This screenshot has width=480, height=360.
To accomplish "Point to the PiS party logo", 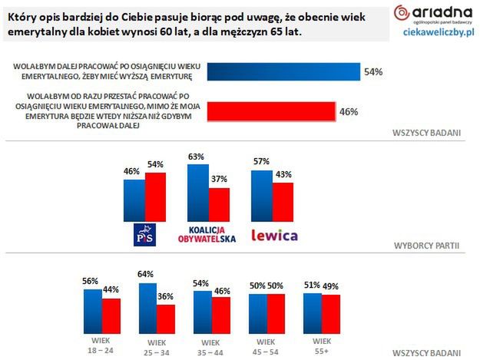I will [144, 235].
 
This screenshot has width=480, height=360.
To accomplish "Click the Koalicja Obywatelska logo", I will [208, 233].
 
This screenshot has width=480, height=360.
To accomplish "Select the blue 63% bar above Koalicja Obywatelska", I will [198, 191].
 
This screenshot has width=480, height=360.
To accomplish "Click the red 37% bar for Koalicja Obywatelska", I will [219, 203].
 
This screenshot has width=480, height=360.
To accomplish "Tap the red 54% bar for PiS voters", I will [155, 197].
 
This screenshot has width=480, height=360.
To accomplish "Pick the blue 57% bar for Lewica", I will [261, 195].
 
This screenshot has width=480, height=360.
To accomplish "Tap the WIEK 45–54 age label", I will [266, 345].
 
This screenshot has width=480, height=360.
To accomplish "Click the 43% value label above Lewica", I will [283, 175].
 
